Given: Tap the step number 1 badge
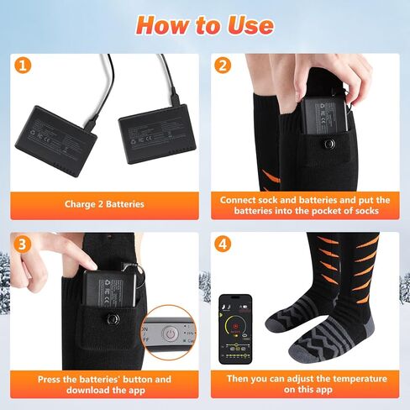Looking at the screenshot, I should coord(25,66).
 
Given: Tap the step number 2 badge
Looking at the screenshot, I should coord(223,66).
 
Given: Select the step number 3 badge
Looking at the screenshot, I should coord(25,244).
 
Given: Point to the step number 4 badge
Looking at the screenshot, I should coord(223,244).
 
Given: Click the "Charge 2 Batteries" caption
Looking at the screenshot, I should coord(104,203).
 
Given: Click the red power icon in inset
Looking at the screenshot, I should coord(170,334).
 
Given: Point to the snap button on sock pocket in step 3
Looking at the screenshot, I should coord(111,320).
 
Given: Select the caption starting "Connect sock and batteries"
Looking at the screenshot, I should coord(304,205).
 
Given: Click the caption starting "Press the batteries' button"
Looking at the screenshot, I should coord(104,384).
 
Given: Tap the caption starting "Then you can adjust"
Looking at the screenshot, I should coord(304,384).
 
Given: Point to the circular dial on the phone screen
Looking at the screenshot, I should coord(240,323).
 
